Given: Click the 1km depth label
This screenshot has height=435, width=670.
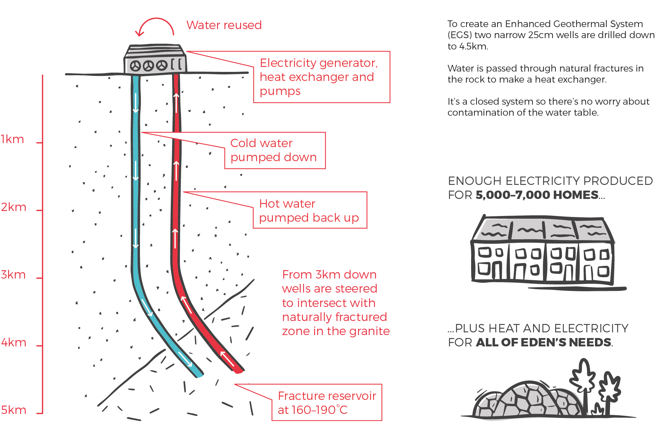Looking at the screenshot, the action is pos(12,139).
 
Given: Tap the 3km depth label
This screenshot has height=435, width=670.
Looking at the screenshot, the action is pos(13,275).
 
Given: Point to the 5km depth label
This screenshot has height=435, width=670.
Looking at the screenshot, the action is pos(13,410).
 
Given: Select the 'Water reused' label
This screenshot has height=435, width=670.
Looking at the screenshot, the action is pos(224,25).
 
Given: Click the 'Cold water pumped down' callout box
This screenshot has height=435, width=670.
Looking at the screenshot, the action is pos(275,150).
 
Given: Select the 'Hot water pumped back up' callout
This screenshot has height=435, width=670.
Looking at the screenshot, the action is pos(310,210).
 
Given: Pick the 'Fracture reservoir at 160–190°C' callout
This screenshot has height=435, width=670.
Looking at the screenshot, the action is pos(327,403).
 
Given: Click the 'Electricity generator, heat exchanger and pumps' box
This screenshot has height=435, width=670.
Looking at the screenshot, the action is pos(322,77).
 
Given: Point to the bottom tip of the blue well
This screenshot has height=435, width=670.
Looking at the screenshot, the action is pos(200,375).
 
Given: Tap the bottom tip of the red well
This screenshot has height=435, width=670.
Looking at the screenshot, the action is pos(239,371).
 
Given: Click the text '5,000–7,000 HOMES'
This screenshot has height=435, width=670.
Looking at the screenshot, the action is pos(537,195).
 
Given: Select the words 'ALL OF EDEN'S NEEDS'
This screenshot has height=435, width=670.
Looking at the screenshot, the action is pos(543,342).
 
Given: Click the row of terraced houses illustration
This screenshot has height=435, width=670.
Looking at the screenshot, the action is pos(543,250).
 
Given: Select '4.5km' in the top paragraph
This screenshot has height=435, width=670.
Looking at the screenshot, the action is pos(473,46).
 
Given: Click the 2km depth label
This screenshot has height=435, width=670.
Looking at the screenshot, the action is pos(13,207).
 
